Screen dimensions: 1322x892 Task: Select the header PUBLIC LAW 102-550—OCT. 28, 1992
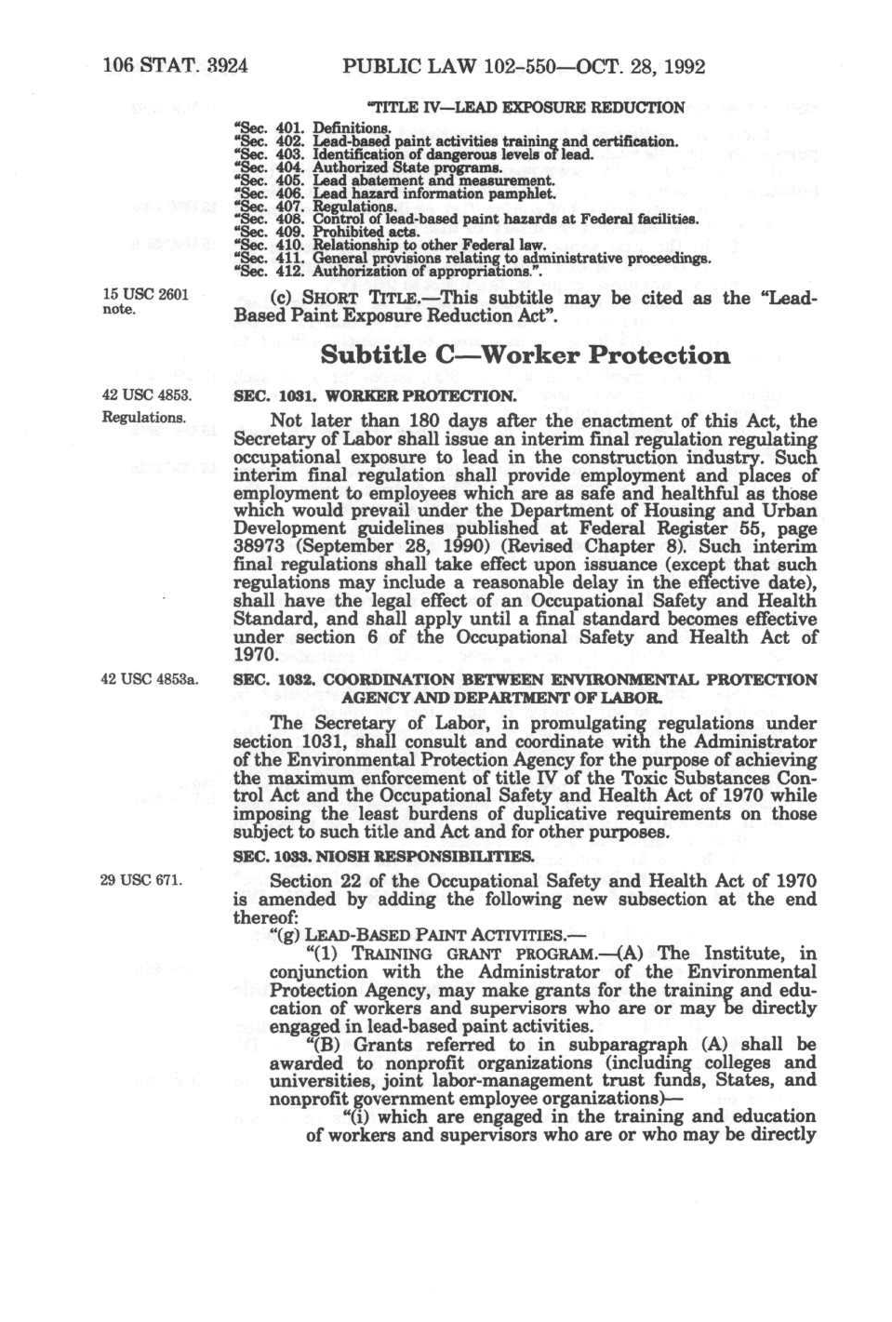[x=524, y=67]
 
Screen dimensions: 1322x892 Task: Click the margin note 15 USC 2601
[x=144, y=295]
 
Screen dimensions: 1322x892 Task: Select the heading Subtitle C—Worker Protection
[x=525, y=355]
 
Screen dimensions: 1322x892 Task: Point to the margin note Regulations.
[x=143, y=417]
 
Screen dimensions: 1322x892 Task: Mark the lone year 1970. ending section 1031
[x=254, y=655]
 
